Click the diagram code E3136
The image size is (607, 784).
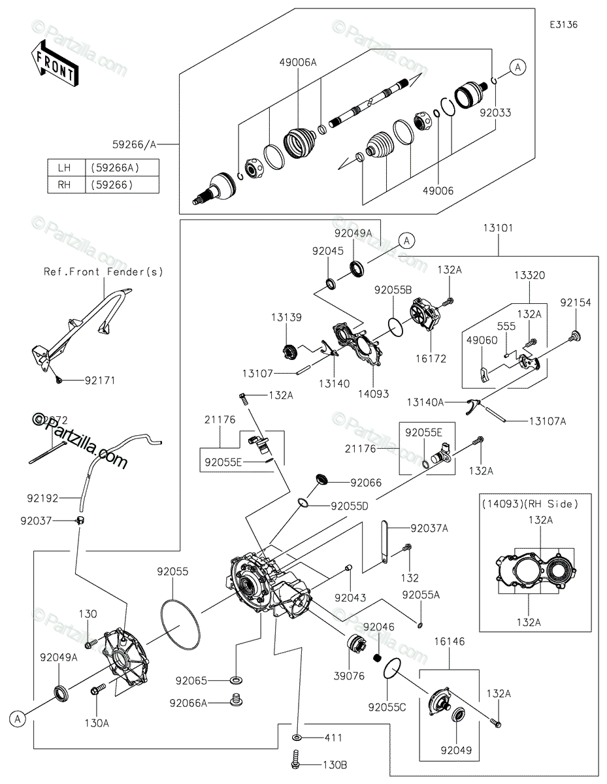pyautogui.click(x=563, y=24)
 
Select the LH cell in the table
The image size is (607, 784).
pyautogui.click(x=64, y=168)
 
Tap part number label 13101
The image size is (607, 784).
pyautogui.click(x=498, y=229)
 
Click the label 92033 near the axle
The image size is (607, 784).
pyautogui.click(x=495, y=112)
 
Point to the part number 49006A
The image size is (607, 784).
pyautogui.click(x=298, y=62)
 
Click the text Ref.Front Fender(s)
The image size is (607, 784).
pyautogui.click(x=103, y=271)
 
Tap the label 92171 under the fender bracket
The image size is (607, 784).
pyautogui.click(x=99, y=380)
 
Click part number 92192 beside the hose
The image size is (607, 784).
pyautogui.click(x=43, y=498)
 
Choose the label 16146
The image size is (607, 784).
pyautogui.click(x=451, y=642)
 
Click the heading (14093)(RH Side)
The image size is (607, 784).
pyautogui.click(x=530, y=504)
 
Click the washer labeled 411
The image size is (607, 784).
pyautogui.click(x=297, y=738)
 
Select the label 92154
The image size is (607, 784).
pyautogui.click(x=575, y=302)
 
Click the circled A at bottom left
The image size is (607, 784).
pyautogui.click(x=18, y=719)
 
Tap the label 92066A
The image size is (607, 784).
pyautogui.click(x=188, y=703)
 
